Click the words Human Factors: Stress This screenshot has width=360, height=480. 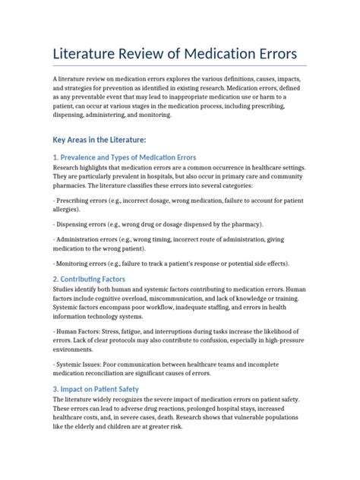[x=96, y=331]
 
